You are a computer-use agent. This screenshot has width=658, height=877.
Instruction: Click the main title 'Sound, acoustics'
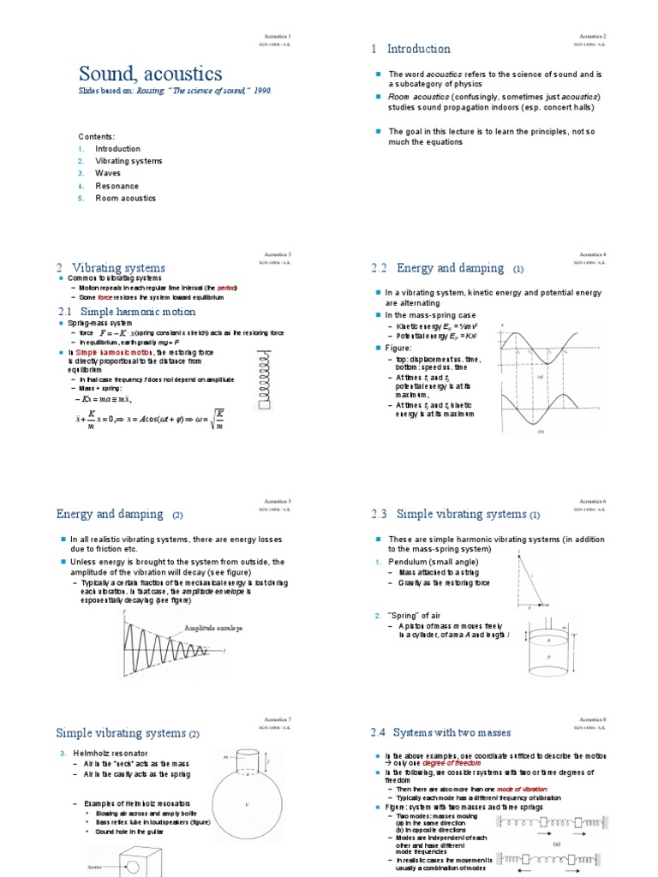coord(151,74)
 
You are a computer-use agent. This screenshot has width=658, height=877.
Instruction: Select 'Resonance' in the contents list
coord(117,185)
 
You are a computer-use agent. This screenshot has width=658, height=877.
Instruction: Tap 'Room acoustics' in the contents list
coord(125,198)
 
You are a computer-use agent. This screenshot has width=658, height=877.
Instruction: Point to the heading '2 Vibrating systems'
coord(111,268)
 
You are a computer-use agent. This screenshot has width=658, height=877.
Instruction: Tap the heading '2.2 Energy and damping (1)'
coord(446,269)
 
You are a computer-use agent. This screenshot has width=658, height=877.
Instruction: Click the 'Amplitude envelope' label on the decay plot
coord(213,628)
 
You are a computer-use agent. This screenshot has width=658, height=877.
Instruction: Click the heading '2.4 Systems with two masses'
coord(446,733)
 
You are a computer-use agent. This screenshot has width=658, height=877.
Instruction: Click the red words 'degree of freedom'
coord(450,762)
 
